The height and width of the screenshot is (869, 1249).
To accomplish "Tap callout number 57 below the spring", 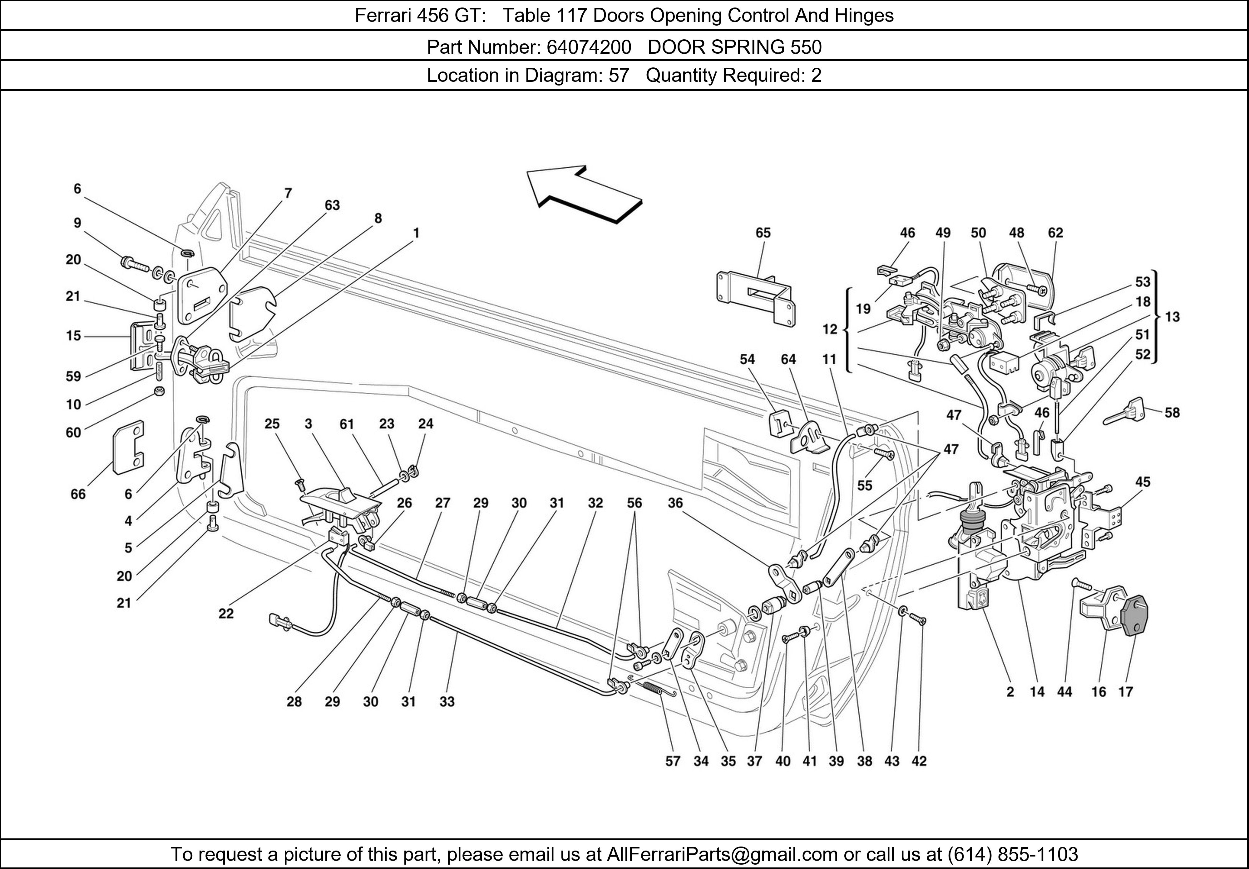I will [x=673, y=761].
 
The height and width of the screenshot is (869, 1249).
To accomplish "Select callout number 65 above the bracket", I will [x=763, y=233].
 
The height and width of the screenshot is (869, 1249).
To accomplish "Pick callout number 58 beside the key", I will [x=1172, y=413].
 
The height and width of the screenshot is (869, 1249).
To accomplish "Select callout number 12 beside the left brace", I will [x=830, y=329].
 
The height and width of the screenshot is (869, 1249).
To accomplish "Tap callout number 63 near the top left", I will [x=332, y=205].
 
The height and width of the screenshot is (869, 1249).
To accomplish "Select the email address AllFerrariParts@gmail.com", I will [x=722, y=854].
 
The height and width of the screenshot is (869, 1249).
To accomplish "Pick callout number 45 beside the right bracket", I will [x=1143, y=482].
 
